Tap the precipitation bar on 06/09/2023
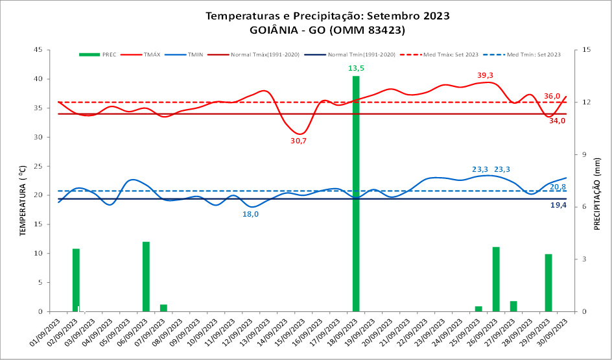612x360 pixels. pos(146,276)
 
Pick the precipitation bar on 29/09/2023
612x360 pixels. pos(548,283)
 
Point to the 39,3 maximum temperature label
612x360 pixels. pos(486,75)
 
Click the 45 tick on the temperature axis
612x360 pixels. pos(38,50)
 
